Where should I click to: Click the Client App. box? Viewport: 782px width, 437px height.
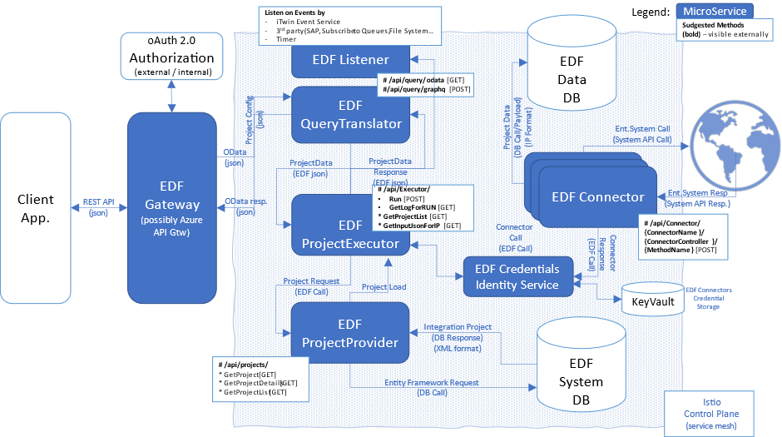coord(35,209)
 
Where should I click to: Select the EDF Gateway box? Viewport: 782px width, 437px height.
coord(171,208)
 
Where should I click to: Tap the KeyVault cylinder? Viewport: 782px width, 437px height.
coord(653,301)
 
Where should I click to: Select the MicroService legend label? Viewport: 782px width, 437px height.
coord(714,11)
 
